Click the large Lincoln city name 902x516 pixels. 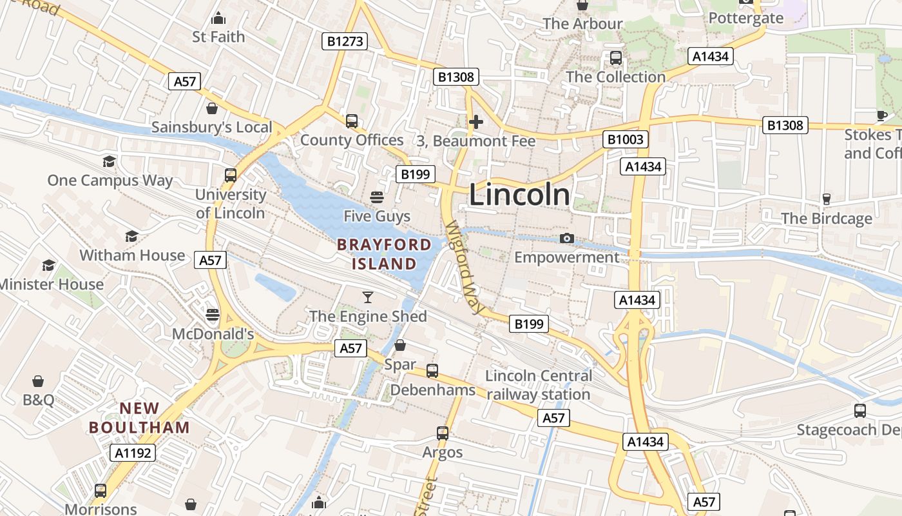[x=519, y=195]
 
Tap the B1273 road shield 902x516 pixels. [x=345, y=42]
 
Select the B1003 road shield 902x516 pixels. [x=625, y=139]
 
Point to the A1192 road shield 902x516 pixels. [x=133, y=453]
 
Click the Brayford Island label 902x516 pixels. [x=384, y=254]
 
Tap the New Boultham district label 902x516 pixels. [x=139, y=418]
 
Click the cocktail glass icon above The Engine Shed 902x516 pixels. [x=368, y=297]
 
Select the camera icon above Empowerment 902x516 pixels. [x=567, y=239]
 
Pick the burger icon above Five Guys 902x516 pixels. [x=377, y=197]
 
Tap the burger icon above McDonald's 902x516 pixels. [x=213, y=315]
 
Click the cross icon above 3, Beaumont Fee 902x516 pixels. [x=476, y=121]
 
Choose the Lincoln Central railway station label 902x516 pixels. [x=539, y=385]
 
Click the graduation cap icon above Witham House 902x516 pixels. [x=132, y=236]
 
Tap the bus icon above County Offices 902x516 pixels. [x=352, y=121]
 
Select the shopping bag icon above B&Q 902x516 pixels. [x=38, y=381]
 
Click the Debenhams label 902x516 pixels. [x=433, y=390]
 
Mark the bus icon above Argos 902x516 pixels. [x=443, y=433]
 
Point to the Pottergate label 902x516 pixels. [x=746, y=18]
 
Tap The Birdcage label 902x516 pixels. [x=827, y=219]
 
